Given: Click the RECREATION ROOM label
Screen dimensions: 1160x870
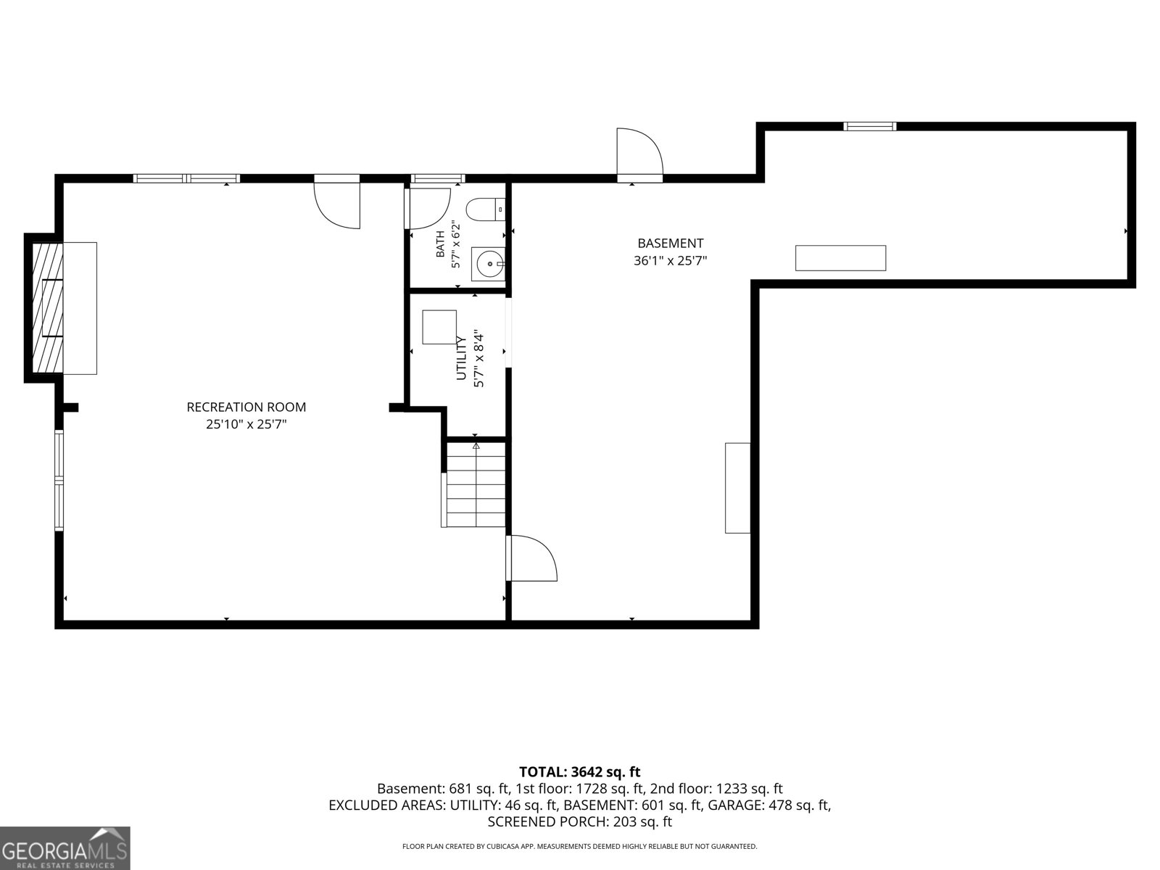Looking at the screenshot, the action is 246,407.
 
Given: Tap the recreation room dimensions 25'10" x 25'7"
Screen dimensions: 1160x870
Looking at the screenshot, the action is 246,424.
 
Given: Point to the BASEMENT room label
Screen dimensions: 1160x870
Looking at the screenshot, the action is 670,244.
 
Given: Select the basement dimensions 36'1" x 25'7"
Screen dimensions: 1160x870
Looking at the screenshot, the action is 670,260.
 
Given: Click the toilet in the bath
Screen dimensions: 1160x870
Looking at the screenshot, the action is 485,210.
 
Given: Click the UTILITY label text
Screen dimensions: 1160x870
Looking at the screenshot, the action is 461,357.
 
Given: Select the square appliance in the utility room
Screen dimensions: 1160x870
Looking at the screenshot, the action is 439,328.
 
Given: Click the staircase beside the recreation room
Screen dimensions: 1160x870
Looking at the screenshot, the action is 473,484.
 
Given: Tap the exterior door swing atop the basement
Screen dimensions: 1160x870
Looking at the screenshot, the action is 639,153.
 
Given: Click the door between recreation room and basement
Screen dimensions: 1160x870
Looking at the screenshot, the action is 531,558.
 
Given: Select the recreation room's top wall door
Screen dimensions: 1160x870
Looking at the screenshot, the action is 337,204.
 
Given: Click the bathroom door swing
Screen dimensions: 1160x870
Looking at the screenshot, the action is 428,209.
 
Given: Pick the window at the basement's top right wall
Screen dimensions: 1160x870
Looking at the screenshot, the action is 869,126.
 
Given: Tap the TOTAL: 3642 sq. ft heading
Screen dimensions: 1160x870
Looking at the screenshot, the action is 580,771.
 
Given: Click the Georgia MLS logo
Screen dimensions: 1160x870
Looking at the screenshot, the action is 65,848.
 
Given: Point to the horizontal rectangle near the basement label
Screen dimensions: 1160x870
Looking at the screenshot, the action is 840,258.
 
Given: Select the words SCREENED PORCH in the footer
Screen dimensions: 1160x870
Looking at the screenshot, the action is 547,821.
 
